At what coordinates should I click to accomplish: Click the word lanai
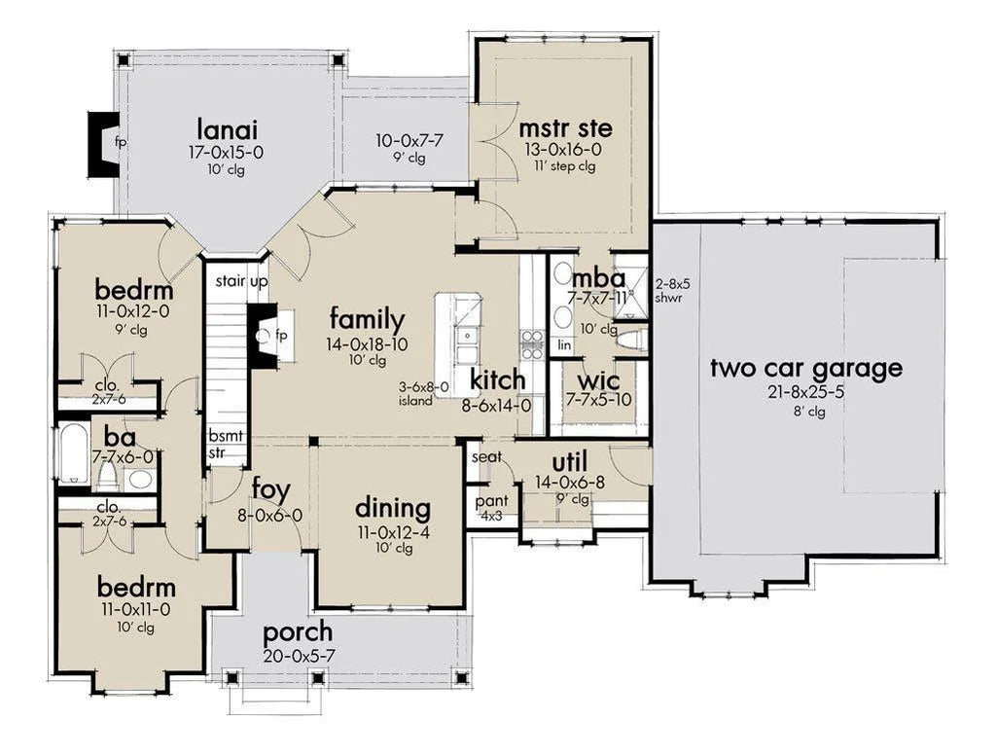click(227, 129)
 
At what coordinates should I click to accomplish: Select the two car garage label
click(806, 368)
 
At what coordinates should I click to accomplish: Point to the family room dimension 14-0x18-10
click(367, 344)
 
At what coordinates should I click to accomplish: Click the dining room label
click(393, 508)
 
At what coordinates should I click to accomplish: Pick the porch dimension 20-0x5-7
click(299, 656)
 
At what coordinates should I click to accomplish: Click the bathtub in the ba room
click(73, 453)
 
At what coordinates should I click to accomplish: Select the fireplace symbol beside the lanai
click(101, 144)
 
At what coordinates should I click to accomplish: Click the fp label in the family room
click(281, 336)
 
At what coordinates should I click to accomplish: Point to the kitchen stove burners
click(531, 343)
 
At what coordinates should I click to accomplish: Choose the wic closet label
click(598, 381)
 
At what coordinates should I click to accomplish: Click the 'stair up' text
click(241, 281)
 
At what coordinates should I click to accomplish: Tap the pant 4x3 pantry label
click(491, 508)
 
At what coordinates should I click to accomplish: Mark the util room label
click(570, 462)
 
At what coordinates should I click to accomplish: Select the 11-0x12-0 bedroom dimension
click(133, 312)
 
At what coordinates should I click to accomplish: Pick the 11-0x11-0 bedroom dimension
click(135, 610)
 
